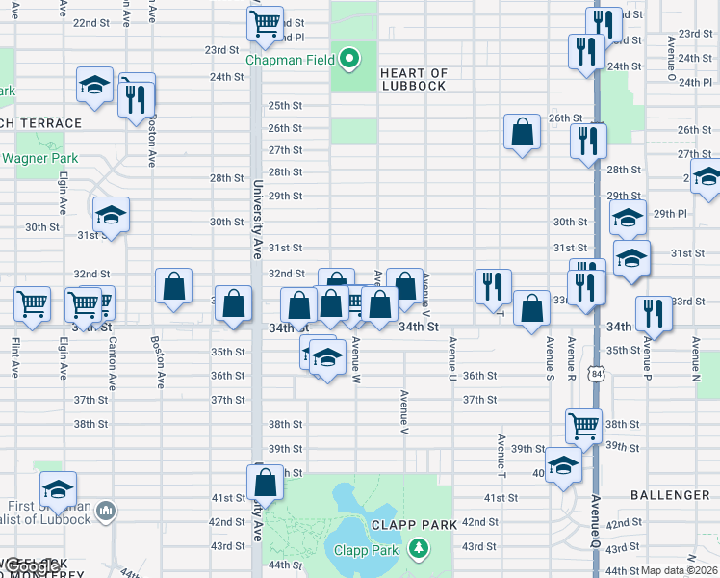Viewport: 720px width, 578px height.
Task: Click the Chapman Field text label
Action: click(x=290, y=60)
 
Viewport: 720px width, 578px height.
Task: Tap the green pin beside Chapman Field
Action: click(x=350, y=60)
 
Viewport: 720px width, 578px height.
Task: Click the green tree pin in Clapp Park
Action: click(x=417, y=550)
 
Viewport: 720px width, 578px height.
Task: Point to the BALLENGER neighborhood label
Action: click(x=671, y=495)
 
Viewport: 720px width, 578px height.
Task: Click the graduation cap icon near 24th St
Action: click(x=94, y=85)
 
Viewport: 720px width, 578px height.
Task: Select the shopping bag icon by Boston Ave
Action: click(x=173, y=286)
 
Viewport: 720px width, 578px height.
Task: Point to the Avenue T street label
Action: click(x=501, y=454)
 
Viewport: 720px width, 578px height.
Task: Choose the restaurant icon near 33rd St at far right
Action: click(x=654, y=314)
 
